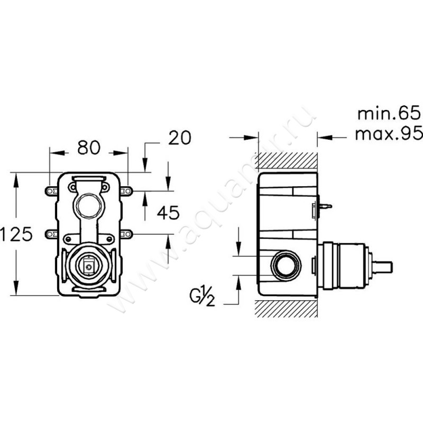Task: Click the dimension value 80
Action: click(x=89, y=148)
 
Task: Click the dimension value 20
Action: click(x=180, y=137)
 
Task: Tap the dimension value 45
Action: click(x=168, y=213)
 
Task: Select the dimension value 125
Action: click(x=16, y=234)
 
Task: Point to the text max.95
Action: click(x=389, y=133)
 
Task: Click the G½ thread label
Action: click(x=202, y=297)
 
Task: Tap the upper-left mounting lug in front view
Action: click(x=51, y=191)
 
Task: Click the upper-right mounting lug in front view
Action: click(x=126, y=191)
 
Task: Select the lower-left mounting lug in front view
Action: click(x=51, y=234)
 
